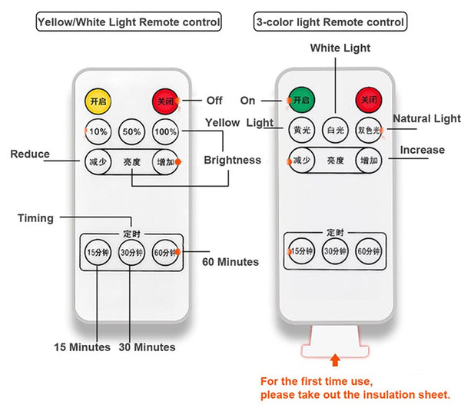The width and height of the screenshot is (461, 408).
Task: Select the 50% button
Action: [x=131, y=131]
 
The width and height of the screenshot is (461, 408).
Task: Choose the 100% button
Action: [x=165, y=131]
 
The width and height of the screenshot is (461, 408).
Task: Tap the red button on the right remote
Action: [x=367, y=101]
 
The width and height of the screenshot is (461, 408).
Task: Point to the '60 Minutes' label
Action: [x=230, y=262]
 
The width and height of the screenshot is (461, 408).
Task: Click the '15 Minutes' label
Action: [x=81, y=347]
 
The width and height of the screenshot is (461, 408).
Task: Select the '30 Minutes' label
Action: [x=147, y=347]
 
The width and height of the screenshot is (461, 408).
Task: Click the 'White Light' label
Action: [x=340, y=48]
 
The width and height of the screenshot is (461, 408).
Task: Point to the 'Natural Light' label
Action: [x=426, y=118]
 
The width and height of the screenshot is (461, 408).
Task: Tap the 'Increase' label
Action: [x=422, y=150]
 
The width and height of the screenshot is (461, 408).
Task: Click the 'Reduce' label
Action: [x=30, y=154]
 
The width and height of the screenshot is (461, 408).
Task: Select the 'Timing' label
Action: [x=35, y=218]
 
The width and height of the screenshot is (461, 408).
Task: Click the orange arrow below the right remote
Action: [x=335, y=360]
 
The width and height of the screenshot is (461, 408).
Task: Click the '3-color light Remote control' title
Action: [x=330, y=22]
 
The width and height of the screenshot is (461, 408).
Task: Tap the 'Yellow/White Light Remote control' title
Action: [x=128, y=22]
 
